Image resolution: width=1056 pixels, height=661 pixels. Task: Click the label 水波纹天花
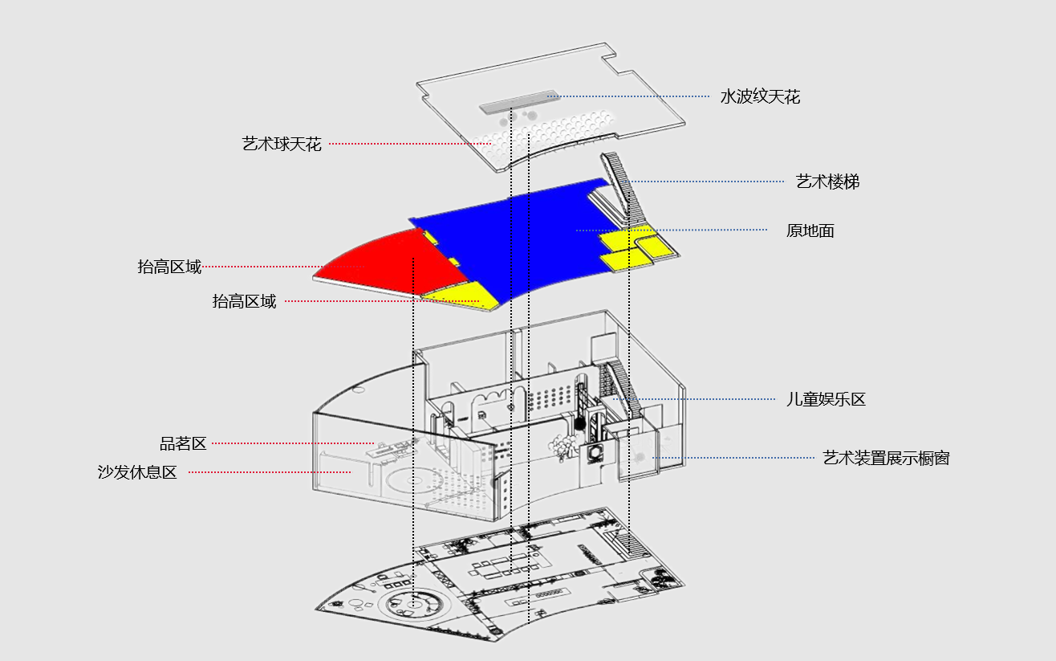[760, 96]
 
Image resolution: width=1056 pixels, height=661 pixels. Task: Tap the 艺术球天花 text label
[282, 144]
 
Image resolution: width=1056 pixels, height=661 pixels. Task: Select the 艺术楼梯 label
[828, 182]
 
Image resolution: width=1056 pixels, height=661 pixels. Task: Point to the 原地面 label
[810, 231]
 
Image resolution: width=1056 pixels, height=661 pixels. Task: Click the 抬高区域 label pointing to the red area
[170, 267]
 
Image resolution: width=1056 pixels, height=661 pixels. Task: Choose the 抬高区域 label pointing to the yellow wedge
[244, 301]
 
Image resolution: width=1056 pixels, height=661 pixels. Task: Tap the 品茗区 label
[184, 443]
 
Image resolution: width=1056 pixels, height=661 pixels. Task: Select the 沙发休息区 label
[137, 471]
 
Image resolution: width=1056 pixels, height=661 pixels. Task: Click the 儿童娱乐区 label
[826, 400]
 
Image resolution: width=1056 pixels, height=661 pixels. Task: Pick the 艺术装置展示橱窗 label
[886, 458]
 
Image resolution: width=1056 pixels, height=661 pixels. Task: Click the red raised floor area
[392, 264]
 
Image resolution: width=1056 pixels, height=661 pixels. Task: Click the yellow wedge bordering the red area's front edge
[460, 296]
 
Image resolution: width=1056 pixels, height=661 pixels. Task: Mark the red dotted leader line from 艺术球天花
[410, 144]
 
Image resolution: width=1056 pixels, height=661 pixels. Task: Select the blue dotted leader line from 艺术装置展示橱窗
[733, 458]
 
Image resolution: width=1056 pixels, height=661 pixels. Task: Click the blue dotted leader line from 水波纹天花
[628, 96]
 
